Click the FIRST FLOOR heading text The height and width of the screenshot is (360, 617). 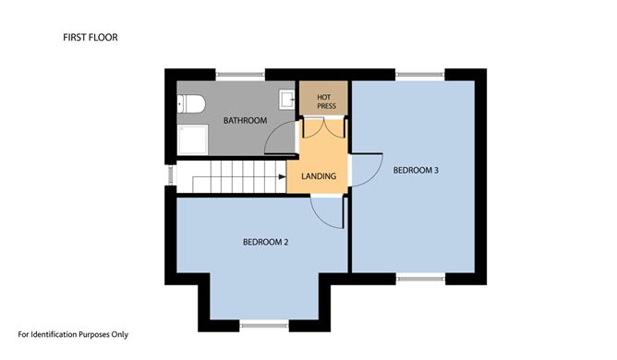point(91,37)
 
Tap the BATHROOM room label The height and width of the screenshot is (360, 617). point(245,120)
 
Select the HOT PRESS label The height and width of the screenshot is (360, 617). point(326,102)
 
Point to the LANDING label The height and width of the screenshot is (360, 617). point(319,176)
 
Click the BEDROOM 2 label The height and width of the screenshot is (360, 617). point(266,242)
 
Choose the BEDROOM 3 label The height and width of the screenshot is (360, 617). point(416,171)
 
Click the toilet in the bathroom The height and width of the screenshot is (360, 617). point(191,104)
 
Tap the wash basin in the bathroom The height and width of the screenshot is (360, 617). point(287,100)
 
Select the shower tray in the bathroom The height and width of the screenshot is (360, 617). point(192,139)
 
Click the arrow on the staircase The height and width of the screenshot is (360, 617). point(282,176)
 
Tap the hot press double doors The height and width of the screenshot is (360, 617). point(323,128)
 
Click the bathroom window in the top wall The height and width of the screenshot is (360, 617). point(240,75)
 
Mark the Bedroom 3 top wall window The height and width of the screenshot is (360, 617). point(420,75)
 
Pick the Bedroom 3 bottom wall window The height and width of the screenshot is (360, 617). point(420,279)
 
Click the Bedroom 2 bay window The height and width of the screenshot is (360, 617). point(264,325)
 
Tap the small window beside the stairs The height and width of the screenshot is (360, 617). point(170,175)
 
